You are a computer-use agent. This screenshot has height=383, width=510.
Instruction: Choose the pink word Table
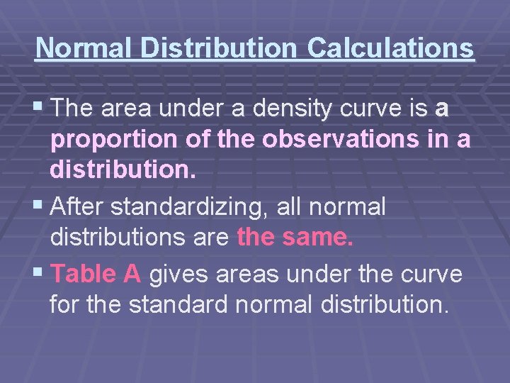click(x=84, y=273)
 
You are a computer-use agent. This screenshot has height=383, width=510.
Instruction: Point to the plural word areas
click(x=244, y=274)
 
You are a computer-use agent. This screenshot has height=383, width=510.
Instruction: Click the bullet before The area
click(x=38, y=109)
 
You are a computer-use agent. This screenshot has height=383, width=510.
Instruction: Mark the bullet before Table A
click(x=38, y=273)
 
